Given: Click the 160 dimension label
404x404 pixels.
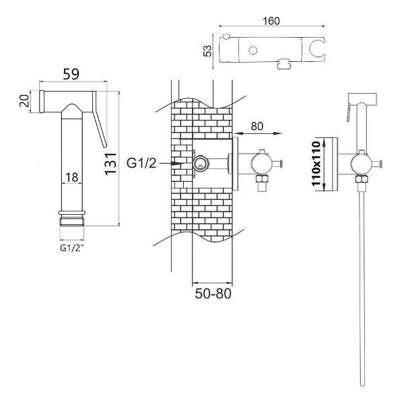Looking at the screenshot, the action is (x=271, y=21).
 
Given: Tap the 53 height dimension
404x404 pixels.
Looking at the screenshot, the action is (x=207, y=50).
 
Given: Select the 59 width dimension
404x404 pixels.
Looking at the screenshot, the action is (x=71, y=74).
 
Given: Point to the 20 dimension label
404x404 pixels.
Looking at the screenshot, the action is (x=24, y=101).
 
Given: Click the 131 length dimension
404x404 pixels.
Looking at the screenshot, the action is (x=110, y=164).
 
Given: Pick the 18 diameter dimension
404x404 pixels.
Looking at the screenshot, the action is (x=71, y=177).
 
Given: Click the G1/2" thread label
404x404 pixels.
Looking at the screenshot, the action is (x=72, y=248).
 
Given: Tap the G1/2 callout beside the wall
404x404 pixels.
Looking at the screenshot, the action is (x=141, y=163).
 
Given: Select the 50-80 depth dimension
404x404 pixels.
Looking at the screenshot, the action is (x=213, y=294).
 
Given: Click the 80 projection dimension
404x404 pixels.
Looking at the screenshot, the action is (x=257, y=127).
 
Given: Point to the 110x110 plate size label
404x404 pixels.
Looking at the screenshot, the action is (x=316, y=164).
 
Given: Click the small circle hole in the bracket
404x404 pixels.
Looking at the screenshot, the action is (x=253, y=50).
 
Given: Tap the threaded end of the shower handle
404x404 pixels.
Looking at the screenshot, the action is (x=72, y=222).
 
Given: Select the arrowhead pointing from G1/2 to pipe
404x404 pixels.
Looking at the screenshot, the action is (x=178, y=164).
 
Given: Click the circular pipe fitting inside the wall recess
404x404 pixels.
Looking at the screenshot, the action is (x=201, y=163).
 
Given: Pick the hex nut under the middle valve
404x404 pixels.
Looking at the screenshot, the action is (x=261, y=178).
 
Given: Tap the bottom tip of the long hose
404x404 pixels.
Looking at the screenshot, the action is (x=362, y=385).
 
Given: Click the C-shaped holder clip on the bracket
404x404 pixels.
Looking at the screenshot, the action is (x=317, y=48).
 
